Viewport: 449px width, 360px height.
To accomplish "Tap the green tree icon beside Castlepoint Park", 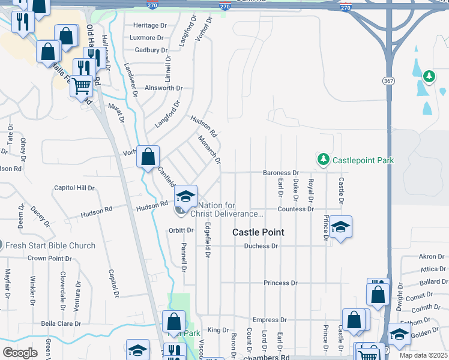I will pos(324,159).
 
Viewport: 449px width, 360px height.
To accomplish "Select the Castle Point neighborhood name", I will pos(258,232).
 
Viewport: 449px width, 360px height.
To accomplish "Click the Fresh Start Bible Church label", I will pos(50,245).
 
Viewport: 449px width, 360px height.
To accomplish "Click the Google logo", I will pos(20,353).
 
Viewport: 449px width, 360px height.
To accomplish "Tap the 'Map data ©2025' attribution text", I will pos(424,355).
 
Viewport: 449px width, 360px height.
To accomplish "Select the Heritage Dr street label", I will pos(150,25).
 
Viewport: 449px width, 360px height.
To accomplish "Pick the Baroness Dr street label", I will pos(281,173).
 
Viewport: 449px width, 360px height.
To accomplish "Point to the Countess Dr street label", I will pos(295,209).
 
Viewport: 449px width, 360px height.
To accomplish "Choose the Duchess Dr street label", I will pos(261,246).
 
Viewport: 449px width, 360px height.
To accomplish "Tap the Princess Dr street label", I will pos(280,283).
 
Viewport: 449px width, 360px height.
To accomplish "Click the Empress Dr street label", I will pos(270,320).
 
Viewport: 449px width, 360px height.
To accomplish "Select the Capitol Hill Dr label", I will pos(74,188).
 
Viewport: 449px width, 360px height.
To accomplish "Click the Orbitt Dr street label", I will pos(181,230).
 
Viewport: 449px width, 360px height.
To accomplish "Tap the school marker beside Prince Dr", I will pos(340,227).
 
